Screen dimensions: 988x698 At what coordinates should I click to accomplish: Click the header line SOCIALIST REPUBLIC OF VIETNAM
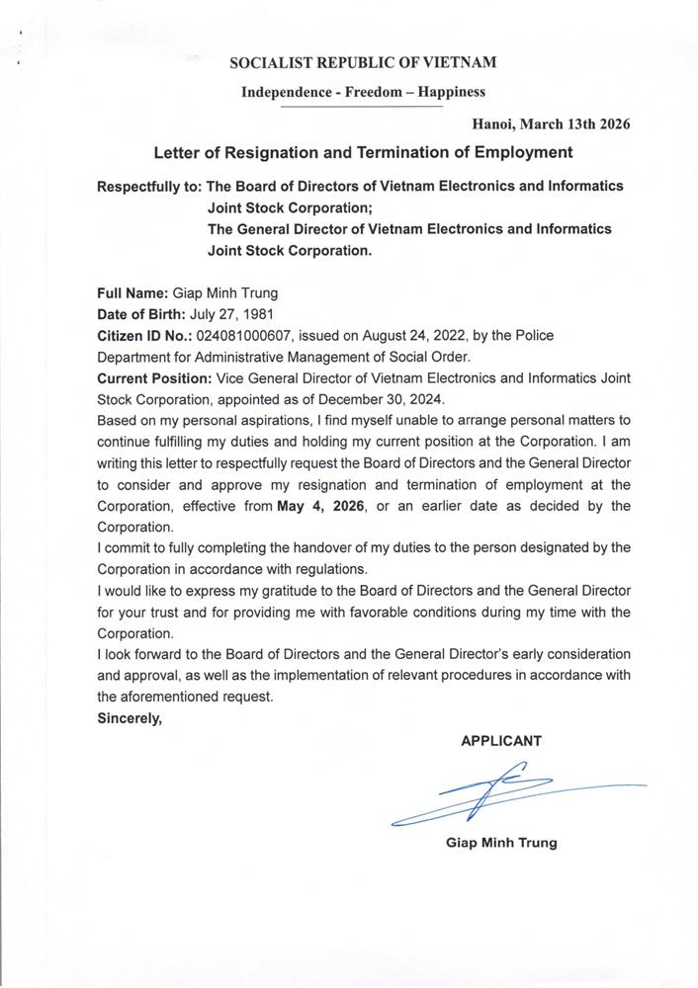coord(363,63)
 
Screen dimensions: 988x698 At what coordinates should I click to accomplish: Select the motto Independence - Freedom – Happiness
coord(363,92)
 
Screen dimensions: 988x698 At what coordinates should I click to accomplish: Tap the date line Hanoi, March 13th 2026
coord(551,124)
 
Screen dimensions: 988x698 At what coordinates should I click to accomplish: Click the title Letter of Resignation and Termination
coord(363,153)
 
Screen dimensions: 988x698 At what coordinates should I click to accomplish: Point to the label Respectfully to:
coord(149,186)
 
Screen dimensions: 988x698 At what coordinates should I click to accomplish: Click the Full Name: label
coord(132,292)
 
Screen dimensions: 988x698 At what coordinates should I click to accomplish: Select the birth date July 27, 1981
coord(217,314)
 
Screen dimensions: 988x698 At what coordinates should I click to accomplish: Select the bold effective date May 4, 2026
coord(324,506)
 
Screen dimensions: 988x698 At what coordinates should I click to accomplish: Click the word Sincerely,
coord(129,718)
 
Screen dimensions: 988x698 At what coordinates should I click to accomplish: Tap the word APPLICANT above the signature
coord(501,741)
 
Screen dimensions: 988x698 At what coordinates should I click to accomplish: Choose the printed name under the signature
coord(501,843)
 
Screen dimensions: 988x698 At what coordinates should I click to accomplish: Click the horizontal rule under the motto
coord(363,106)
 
